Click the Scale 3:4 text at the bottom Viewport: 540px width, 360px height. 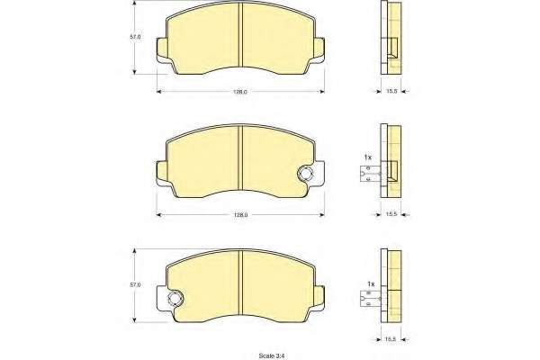pos(273,355)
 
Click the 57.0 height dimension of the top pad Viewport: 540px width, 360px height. pos(135,37)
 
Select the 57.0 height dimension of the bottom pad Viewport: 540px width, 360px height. pos(135,285)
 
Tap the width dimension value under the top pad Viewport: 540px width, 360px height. pos(240,92)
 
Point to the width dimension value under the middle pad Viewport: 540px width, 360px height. pos(240,214)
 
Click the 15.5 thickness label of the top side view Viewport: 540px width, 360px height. pos(391,91)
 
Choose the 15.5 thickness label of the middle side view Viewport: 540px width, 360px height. pos(391,214)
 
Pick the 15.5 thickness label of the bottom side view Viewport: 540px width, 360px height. pos(391,339)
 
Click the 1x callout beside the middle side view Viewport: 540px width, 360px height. pos(368,157)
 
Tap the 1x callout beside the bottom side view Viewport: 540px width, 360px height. pos(371,283)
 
